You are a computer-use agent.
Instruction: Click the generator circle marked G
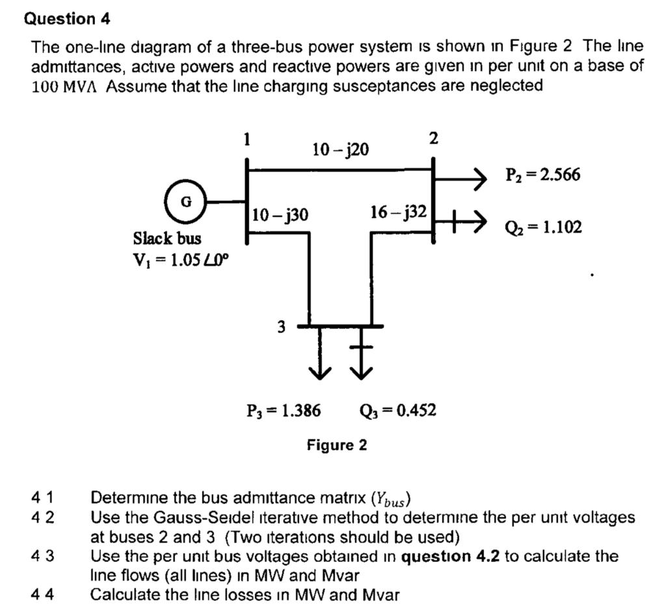pyautogui.click(x=186, y=201)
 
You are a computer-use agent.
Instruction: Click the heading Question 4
pyautogui.click(x=67, y=19)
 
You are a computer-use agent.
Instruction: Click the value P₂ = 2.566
pyautogui.click(x=543, y=175)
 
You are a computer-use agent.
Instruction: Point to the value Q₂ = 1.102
pyautogui.click(x=543, y=227)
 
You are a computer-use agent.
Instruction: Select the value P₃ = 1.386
pyautogui.click(x=283, y=410)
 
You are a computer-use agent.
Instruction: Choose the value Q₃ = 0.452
pyautogui.click(x=397, y=410)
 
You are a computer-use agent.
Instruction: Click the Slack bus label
pyautogui.click(x=167, y=238)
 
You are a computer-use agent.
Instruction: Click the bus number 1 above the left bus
pyautogui.click(x=246, y=139)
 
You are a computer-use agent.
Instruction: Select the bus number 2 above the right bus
pyautogui.click(x=434, y=139)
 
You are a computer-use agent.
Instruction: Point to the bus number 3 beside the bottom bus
pyautogui.click(x=281, y=327)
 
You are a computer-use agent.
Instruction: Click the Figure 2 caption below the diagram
pyautogui.click(x=337, y=446)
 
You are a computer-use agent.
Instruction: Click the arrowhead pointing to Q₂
pyautogui.click(x=478, y=222)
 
